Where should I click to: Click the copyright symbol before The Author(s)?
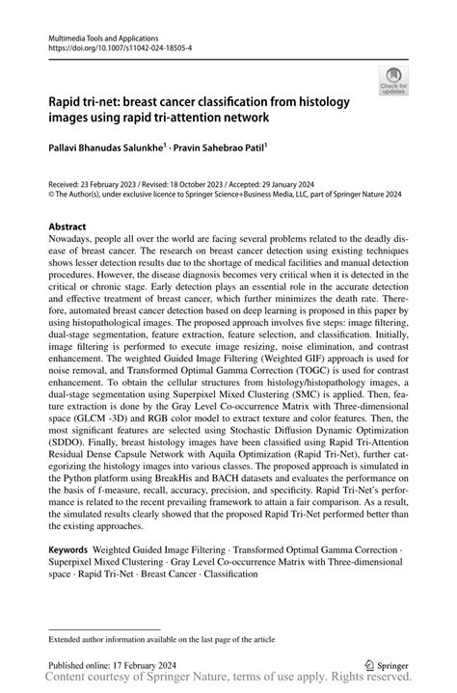(52, 192)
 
